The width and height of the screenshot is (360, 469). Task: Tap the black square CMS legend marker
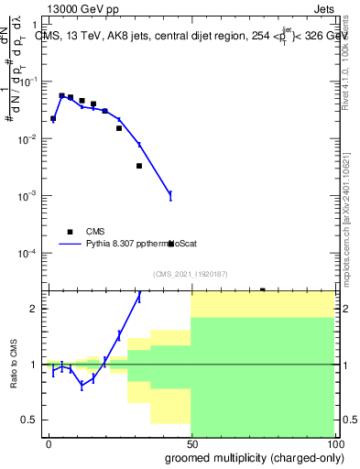pos(70,232)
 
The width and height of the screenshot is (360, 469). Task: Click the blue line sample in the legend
pos(71,245)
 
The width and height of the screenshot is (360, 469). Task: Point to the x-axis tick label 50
pos(191,443)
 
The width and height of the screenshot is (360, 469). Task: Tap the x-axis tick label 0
pos(49,443)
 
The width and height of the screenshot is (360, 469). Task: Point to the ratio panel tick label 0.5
pos(32,420)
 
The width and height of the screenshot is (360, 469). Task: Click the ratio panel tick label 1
pos(37,365)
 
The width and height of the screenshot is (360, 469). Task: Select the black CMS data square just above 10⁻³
pos(139,166)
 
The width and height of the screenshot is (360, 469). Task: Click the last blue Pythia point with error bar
pos(170,194)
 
